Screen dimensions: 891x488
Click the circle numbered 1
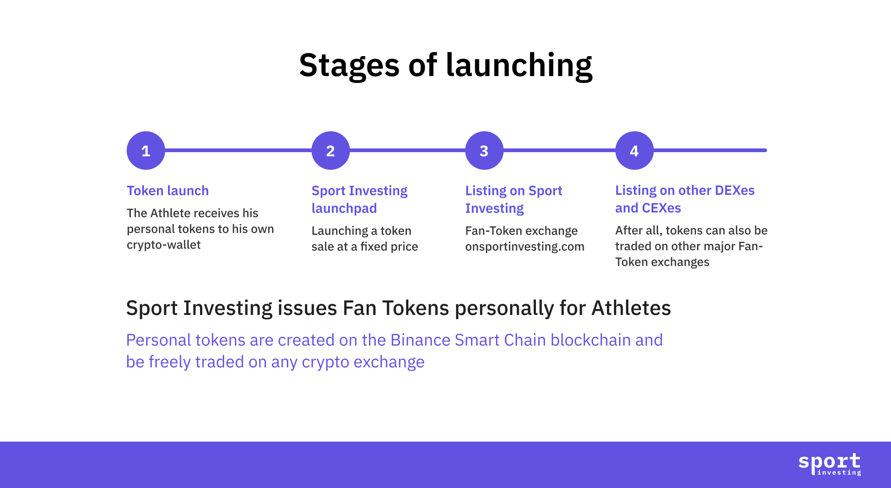pos(146,150)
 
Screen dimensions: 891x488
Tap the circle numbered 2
pos(330,150)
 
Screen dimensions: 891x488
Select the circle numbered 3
pos(484,150)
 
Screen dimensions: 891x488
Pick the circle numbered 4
pos(634,150)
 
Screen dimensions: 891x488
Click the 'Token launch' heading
pos(168,191)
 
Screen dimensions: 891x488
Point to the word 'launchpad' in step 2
pos(344,208)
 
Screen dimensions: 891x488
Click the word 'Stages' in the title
pos(349,65)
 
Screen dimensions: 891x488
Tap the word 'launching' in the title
pos(519,65)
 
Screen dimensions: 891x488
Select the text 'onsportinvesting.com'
pos(525,246)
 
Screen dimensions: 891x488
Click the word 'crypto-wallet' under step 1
pos(163,244)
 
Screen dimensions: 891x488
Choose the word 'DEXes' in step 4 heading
pos(735,190)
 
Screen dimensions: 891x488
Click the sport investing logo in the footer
pos(829,464)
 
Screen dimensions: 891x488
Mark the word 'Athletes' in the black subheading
pos(631,308)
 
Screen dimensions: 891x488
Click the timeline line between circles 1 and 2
pos(238,150)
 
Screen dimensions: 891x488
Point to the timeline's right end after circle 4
pos(766,150)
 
